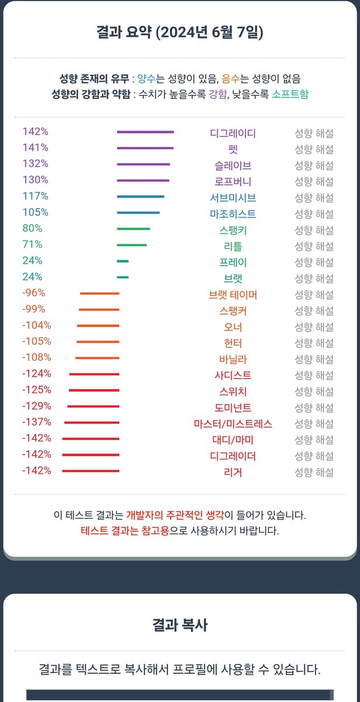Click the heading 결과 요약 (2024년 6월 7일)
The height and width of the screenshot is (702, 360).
180,32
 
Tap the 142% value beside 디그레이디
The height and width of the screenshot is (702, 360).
35,132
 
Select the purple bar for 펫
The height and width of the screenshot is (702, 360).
145,148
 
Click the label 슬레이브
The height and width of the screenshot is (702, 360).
233,165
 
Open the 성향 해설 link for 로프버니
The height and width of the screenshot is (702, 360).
314,181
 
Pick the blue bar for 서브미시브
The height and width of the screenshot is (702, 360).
140,197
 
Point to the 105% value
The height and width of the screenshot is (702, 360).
35,212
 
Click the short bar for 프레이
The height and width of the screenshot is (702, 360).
123,261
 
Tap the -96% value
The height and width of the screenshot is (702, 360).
34,293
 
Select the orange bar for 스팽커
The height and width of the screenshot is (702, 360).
99,309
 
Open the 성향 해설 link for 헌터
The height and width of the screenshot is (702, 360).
314,343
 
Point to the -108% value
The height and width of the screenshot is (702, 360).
36,357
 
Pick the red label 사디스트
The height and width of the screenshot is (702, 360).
233,375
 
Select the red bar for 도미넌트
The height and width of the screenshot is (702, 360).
93,406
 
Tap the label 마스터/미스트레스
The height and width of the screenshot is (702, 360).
233,424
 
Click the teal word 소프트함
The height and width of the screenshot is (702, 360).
290,94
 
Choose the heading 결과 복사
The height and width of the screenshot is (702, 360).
180,625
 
